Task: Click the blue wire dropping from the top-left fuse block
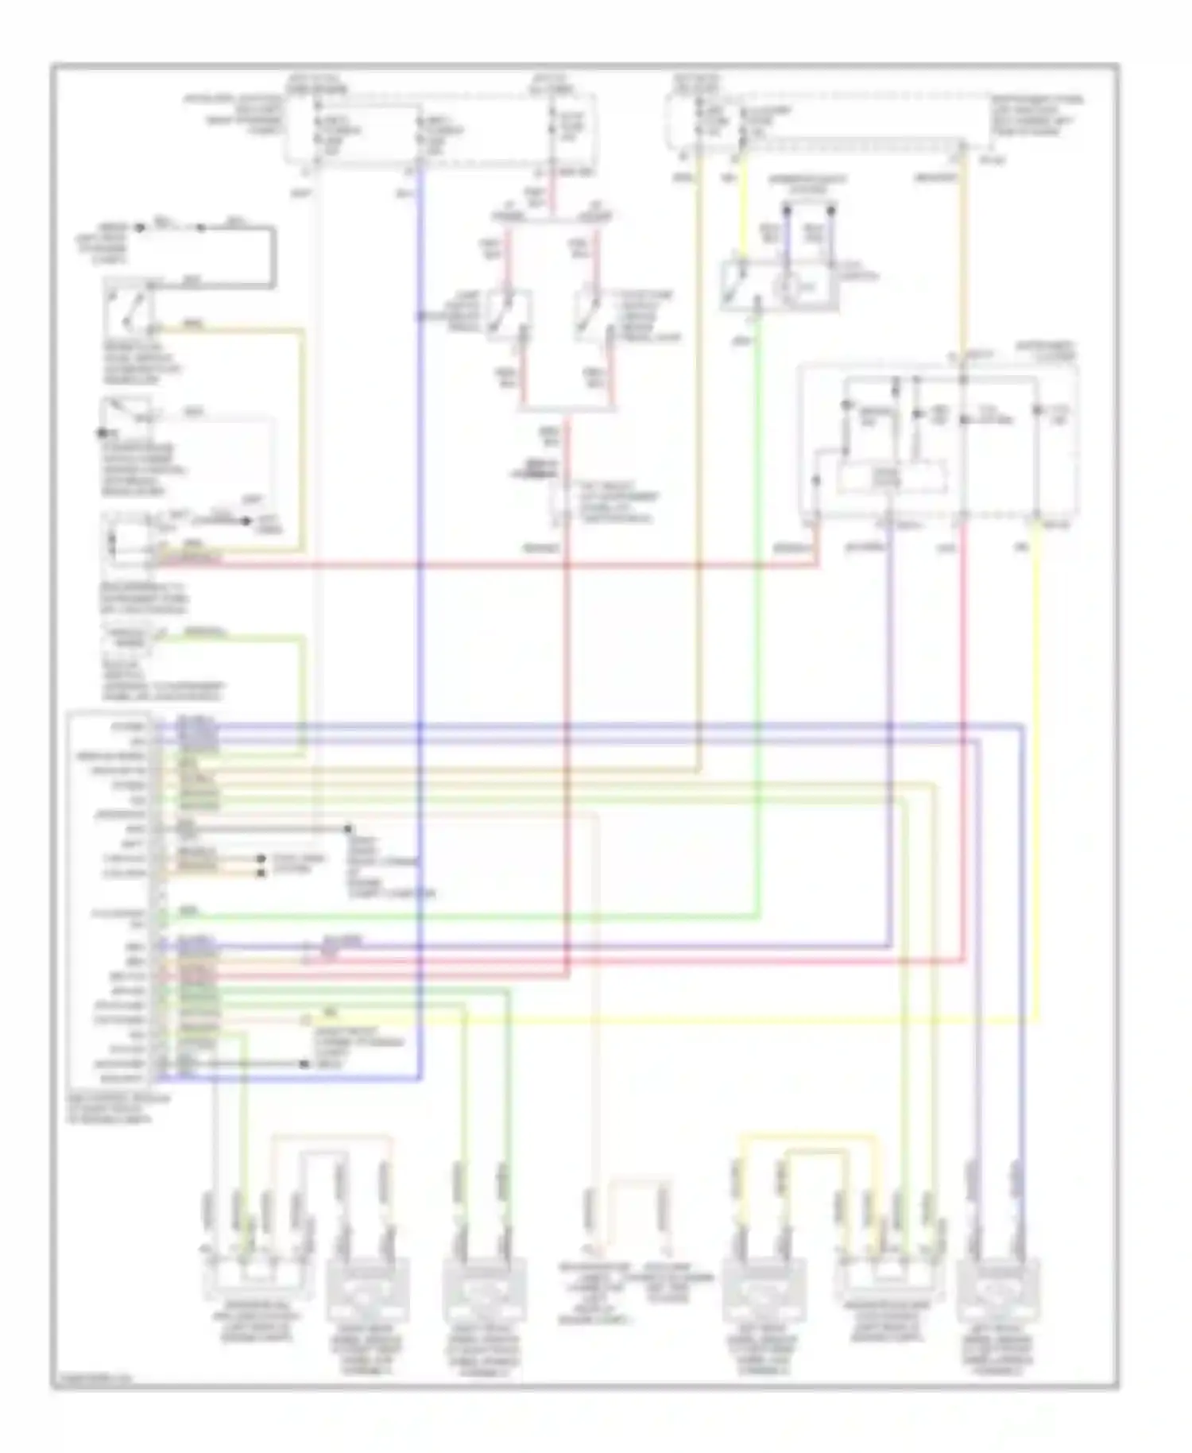tap(419, 477)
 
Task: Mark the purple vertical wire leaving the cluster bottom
tap(890, 715)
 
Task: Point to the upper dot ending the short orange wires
tap(261, 858)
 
